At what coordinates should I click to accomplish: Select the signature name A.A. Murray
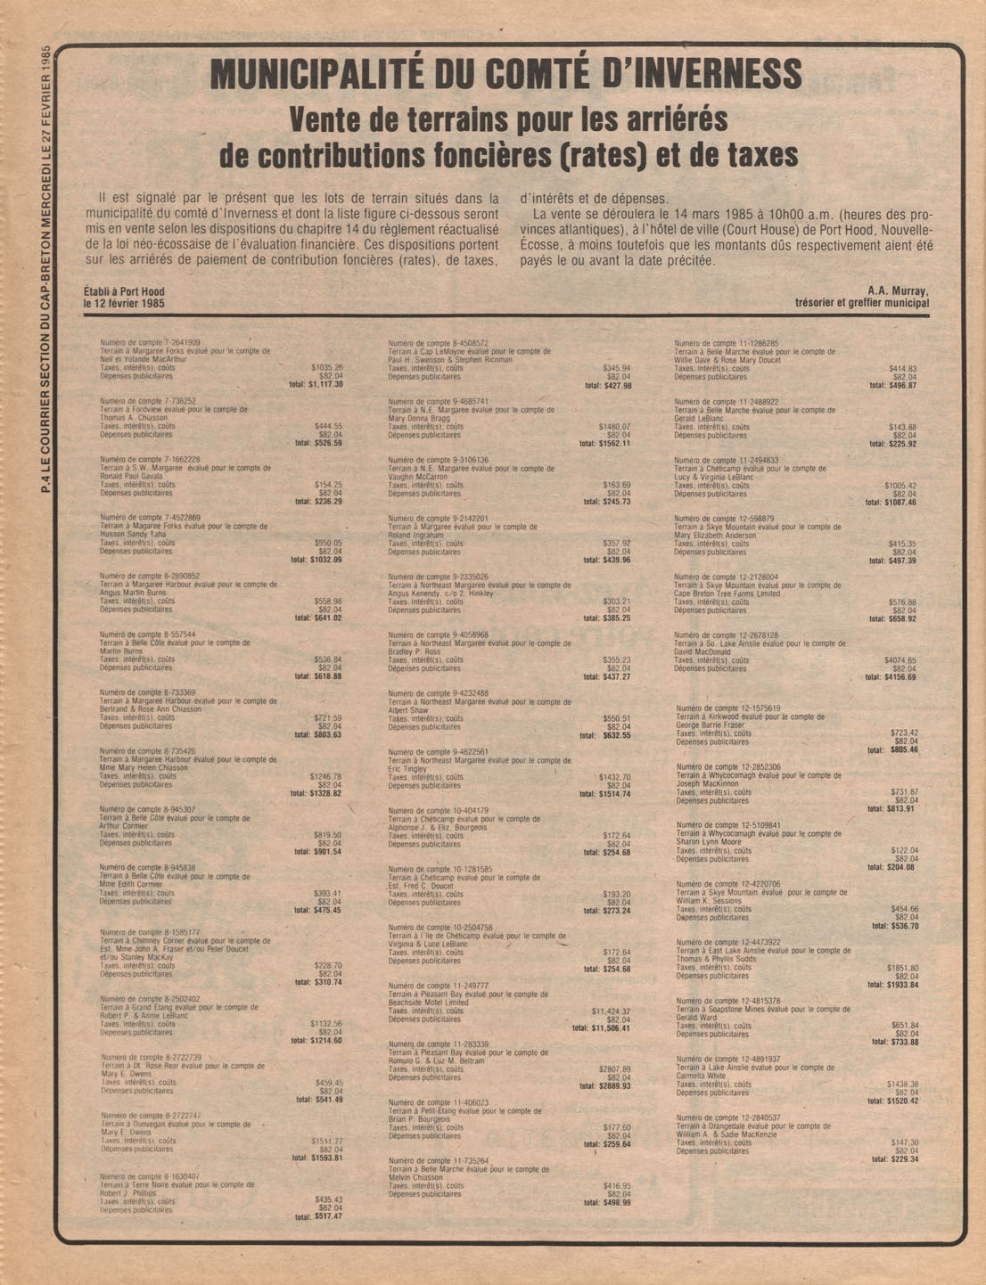point(897,291)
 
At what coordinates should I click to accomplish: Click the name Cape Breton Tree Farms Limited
point(727,593)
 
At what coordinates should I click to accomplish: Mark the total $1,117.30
point(316,384)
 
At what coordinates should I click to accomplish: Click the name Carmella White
point(703,1076)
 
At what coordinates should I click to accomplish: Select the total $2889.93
point(605,1086)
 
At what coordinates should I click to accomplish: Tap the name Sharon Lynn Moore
point(709,842)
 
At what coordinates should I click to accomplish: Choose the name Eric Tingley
point(407,768)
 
